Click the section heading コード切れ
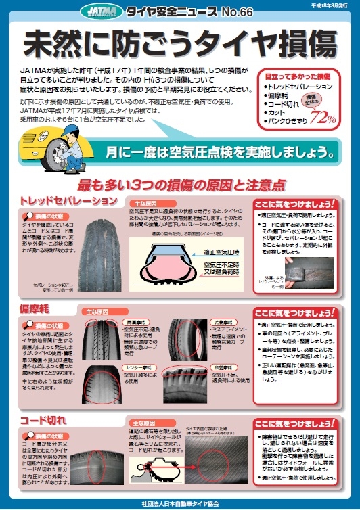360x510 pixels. [x=44, y=419]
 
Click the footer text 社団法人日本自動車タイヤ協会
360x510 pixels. [x=180, y=503]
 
